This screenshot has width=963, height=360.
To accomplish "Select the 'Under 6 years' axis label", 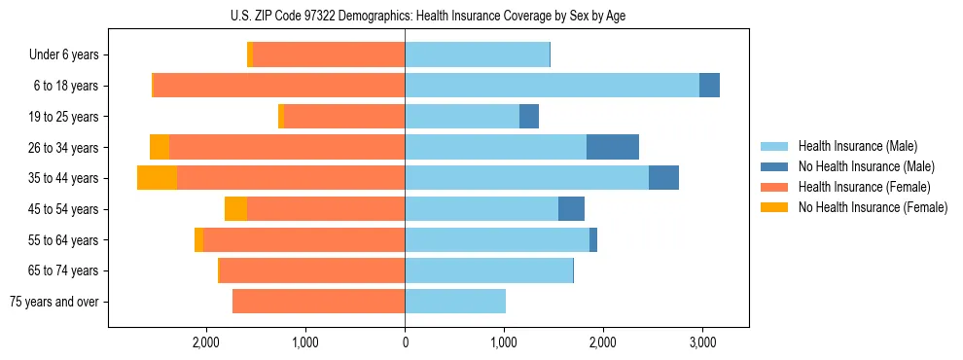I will coord(63,55).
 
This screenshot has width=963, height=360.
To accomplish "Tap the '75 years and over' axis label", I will coord(53,302).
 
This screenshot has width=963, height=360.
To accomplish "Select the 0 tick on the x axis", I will coord(405,342).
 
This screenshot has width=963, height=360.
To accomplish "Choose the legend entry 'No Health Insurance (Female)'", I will coord(873,207).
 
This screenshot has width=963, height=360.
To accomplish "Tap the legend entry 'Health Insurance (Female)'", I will coord(864,187).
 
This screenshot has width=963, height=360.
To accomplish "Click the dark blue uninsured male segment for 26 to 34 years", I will coord(613,147).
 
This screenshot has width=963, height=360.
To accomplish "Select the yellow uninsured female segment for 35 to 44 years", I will coord(157,178).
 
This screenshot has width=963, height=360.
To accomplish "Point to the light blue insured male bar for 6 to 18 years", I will coord(552,86).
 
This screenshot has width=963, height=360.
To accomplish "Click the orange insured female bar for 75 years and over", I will coord(318,302).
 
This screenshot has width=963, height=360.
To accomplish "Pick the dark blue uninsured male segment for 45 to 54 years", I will coord(571,209).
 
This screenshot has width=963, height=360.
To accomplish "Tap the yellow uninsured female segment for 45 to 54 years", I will coord(235,209).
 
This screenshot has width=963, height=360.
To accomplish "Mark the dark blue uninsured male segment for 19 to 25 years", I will coord(529,117).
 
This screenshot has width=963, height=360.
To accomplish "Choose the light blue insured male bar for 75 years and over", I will coord(455,302).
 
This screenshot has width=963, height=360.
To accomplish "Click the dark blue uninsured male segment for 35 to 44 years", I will coord(663,178).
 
